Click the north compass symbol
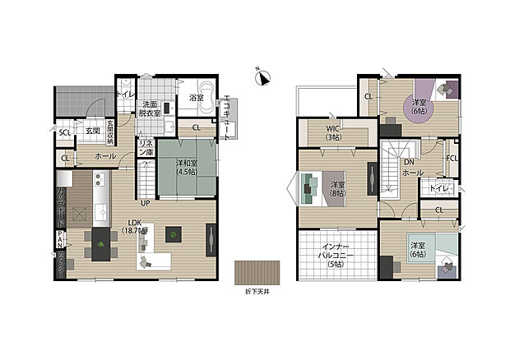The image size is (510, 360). pyautogui.click(x=262, y=78)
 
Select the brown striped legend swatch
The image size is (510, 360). pyautogui.click(x=257, y=272)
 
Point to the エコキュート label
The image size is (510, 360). pyautogui.click(x=227, y=119)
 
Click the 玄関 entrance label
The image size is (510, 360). pyautogui.click(x=91, y=131)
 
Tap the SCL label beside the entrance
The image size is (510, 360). pyautogui.click(x=64, y=132)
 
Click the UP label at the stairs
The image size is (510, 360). pyautogui.click(x=144, y=202)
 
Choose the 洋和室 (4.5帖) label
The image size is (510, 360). pyautogui.click(x=186, y=168)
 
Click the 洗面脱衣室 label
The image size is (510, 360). pyautogui.click(x=150, y=109)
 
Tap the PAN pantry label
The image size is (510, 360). pyautogui.click(x=60, y=241)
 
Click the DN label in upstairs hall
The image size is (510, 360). pyautogui.click(x=408, y=163)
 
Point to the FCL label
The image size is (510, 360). pyautogui.click(x=452, y=158)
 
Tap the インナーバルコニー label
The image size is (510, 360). pyautogui.click(x=336, y=256)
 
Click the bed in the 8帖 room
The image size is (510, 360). pyautogui.click(x=311, y=187)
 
